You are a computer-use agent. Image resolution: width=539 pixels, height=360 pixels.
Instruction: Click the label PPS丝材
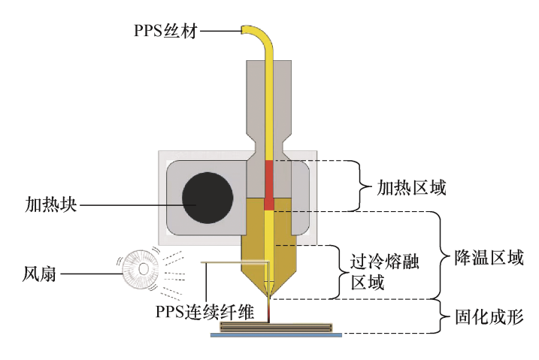point(165,31)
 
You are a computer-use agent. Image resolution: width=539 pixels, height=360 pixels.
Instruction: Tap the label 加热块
point(51,204)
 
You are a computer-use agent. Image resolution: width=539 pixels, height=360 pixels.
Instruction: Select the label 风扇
point(39,274)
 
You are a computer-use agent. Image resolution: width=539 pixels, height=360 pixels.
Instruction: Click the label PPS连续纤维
point(205,312)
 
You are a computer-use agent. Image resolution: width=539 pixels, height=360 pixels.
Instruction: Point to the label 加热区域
point(411,188)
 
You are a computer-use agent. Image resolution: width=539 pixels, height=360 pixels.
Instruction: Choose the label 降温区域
point(489,257)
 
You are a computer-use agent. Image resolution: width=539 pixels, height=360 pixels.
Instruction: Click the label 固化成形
point(489,316)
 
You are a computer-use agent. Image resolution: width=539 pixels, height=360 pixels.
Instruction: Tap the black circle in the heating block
point(207,198)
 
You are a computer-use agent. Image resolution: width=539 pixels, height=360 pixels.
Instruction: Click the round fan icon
point(141,269)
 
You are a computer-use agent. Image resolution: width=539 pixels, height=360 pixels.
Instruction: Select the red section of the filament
point(269,185)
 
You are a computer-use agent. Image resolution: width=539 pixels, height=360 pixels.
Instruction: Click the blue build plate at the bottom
point(276,334)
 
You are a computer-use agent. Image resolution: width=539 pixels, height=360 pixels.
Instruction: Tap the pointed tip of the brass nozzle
point(269,298)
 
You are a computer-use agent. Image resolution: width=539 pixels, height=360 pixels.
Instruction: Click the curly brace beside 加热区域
point(361,186)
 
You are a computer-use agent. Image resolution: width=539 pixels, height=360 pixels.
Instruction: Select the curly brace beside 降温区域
point(441,256)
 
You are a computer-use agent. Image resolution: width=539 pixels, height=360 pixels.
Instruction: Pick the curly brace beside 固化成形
point(441,316)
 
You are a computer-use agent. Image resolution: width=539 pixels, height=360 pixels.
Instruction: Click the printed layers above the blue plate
point(276,327)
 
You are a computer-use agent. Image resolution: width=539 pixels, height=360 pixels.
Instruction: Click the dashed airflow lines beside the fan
point(173,274)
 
